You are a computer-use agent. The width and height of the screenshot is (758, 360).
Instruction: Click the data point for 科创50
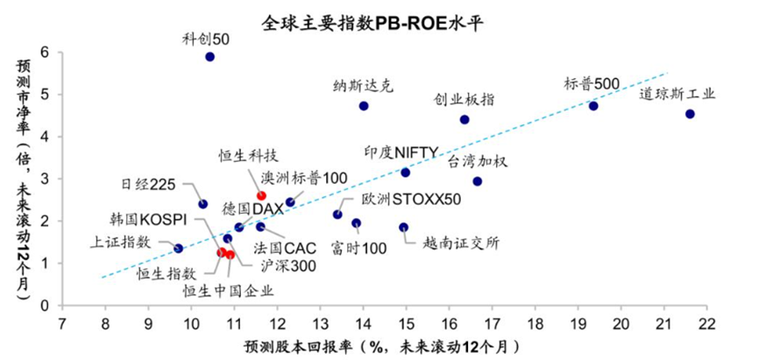pos(210,57)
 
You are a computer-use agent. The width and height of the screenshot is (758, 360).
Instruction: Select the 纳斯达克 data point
pos(364,106)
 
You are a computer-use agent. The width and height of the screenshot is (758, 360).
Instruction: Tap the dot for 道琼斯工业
pos(691,114)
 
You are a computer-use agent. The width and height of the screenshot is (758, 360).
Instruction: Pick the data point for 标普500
pos(593,106)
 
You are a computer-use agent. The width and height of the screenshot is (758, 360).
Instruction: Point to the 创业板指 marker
pos(464,119)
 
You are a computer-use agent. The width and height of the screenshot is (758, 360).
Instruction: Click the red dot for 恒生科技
pos(261,195)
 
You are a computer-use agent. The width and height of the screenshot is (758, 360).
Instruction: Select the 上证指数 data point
pos(179,249)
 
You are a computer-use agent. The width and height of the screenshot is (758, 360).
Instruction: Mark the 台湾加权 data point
pos(477,181)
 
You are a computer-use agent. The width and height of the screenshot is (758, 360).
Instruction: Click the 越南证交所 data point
pos(403,228)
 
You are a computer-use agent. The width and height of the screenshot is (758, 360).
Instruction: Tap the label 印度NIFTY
pos(401,152)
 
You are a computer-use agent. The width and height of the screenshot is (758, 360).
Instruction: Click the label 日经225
pos(148,184)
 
